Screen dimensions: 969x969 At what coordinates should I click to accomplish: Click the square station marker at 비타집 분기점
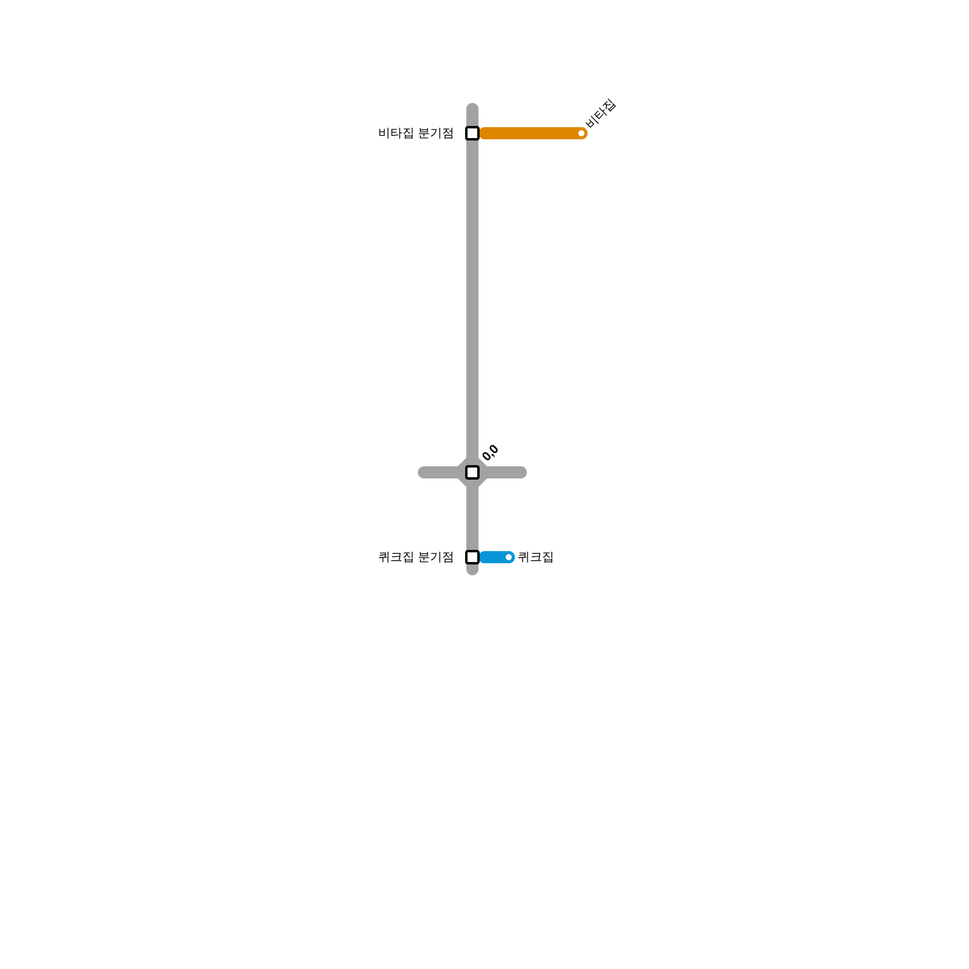[472, 133]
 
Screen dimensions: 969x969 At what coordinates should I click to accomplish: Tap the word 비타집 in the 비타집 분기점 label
[396, 133]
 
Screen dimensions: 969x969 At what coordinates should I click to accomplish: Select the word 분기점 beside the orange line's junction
[435, 133]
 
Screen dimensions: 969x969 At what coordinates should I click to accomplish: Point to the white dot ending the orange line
[581, 133]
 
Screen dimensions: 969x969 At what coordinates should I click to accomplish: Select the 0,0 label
[490, 452]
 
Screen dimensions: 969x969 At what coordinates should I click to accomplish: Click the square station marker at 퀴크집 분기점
[472, 557]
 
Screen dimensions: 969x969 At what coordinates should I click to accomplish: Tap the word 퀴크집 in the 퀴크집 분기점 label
[396, 557]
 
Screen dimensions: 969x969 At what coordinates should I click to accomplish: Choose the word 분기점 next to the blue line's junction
[435, 557]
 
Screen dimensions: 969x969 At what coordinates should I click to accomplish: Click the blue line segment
[492, 557]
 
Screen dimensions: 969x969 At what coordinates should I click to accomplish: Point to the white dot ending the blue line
[509, 557]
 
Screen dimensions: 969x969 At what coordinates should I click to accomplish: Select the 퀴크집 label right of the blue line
[535, 557]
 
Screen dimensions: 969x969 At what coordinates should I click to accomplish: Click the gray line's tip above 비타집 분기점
[472, 109]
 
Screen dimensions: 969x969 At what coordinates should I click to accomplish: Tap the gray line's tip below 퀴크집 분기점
[472, 570]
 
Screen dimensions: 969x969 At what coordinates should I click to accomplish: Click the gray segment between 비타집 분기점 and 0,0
[472, 303]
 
